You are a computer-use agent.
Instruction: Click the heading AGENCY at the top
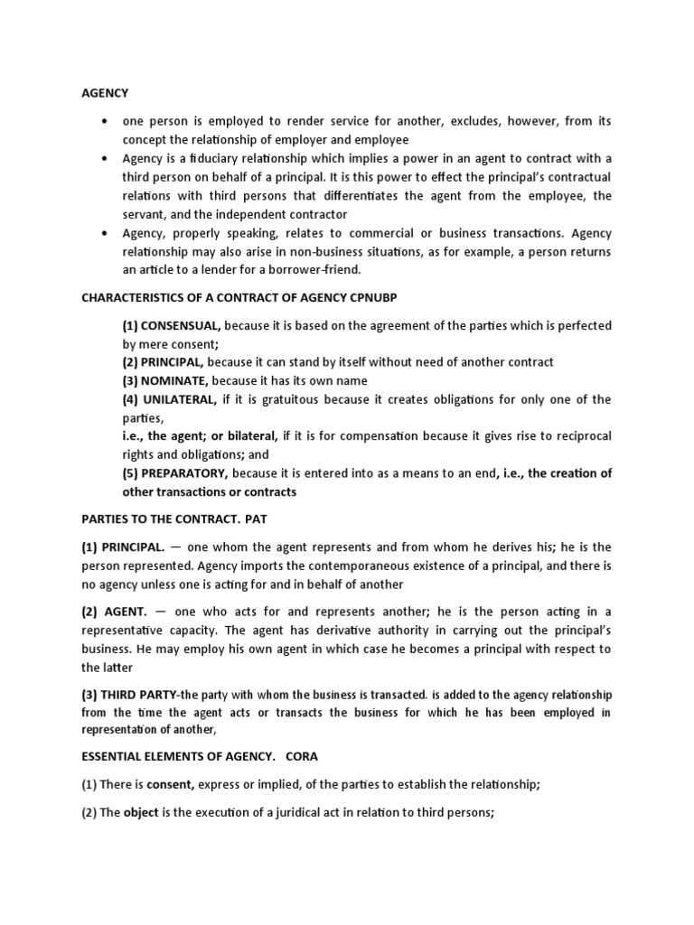105,93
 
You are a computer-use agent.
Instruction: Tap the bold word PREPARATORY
185,473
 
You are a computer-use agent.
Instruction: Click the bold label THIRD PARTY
140,695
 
